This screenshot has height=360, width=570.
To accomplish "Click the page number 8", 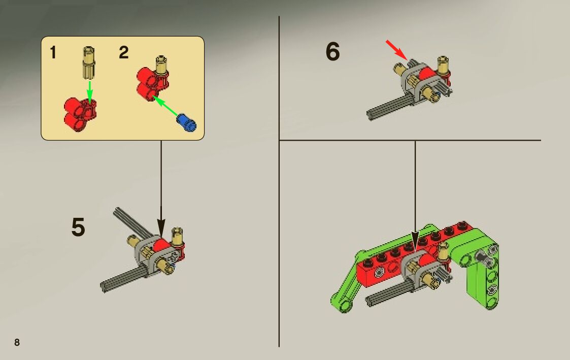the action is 17,342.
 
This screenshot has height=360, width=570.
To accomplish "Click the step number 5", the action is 78,227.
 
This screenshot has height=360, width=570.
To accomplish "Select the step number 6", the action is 332,51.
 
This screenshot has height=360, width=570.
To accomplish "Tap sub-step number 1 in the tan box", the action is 53,52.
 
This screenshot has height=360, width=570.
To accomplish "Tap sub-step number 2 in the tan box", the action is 124,52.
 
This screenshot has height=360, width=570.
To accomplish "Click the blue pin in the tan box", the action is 186,122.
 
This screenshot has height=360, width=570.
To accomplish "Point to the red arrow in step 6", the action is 396,50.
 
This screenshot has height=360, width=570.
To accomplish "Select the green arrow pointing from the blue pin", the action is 165,106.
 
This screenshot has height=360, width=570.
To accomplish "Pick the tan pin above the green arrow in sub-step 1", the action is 89,62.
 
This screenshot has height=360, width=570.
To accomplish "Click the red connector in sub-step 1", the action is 80,114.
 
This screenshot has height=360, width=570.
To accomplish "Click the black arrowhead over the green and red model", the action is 415,241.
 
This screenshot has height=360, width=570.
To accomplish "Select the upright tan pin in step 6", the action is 443,66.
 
